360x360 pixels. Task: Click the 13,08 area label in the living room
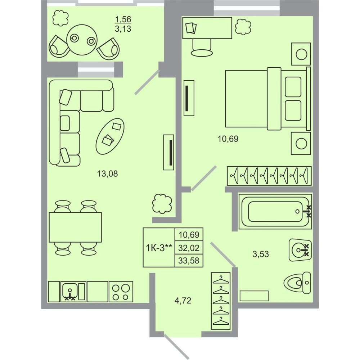(107, 174)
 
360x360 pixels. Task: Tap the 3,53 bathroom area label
(261, 254)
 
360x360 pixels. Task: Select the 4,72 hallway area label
(183, 300)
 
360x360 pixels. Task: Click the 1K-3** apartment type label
(159, 248)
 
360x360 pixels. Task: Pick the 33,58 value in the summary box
(189, 261)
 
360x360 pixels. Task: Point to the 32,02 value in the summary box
(189, 248)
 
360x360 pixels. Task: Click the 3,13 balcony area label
(123, 29)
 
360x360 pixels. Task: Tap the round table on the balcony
(82, 40)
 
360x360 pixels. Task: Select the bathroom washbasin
(300, 250)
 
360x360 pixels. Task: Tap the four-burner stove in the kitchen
(121, 292)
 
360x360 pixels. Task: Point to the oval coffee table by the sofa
(110, 136)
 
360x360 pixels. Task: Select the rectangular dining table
(75, 227)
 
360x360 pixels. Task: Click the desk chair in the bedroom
(202, 48)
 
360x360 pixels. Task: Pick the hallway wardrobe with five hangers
(221, 301)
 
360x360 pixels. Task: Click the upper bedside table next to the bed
(301, 54)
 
